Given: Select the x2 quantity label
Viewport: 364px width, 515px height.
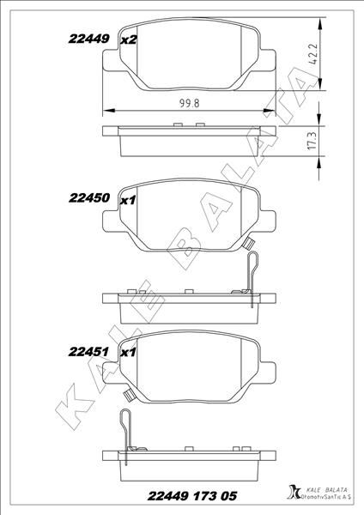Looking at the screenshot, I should [x=129, y=40].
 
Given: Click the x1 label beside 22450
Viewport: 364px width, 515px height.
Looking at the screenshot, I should [x=129, y=200].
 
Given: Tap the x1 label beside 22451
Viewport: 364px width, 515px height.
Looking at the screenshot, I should [x=129, y=353].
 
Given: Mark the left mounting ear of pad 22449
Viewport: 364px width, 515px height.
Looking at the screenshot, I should [x=109, y=62].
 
